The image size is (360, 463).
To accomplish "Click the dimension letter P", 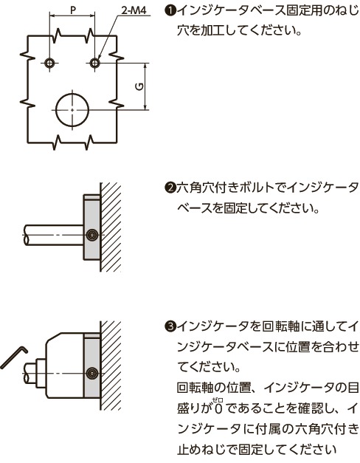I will [72, 10].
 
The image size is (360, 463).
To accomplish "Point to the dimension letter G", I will [138, 86].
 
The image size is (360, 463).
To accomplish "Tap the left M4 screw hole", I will [49, 64].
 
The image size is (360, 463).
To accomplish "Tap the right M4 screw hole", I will [94, 64].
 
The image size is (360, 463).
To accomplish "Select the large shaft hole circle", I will [72, 108].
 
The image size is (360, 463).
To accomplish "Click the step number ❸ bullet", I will [169, 326].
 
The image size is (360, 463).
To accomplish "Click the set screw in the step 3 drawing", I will [91, 371].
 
